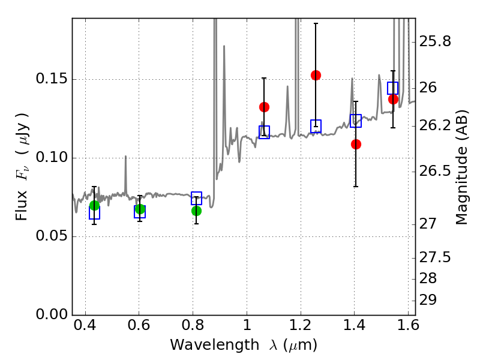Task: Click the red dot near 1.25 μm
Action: [316, 76]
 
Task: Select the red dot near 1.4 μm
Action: [356, 144]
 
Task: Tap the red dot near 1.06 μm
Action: [264, 107]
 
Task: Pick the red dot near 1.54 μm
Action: [393, 99]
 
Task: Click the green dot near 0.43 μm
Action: [94, 205]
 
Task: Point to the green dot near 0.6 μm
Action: [140, 209]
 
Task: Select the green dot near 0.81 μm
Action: [196, 211]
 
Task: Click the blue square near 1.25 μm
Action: [316, 126]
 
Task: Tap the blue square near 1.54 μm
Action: [392, 88]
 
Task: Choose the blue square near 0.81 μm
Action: [196, 198]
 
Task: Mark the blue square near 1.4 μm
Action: [356, 121]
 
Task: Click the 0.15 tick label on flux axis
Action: [51, 79]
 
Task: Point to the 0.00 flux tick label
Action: [51, 314]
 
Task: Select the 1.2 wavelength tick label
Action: [301, 325]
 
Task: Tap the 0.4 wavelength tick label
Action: [85, 325]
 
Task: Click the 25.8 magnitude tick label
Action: [434, 41]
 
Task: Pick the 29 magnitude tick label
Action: [428, 300]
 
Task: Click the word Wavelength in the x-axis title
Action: [214, 345]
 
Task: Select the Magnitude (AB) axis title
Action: [461, 167]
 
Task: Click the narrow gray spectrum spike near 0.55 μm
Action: [125, 175]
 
